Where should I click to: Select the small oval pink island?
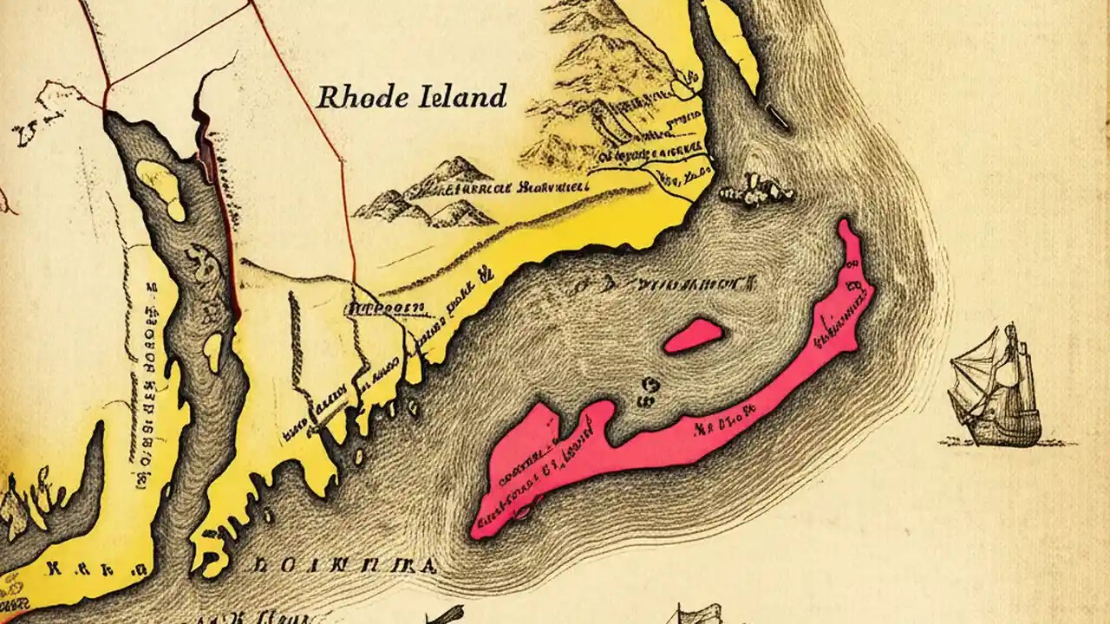point(695,336)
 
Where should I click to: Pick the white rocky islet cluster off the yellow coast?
point(757,188)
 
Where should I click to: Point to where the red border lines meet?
point(108,87)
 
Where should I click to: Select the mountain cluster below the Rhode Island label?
point(434,195)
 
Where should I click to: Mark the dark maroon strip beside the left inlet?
point(208,152)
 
